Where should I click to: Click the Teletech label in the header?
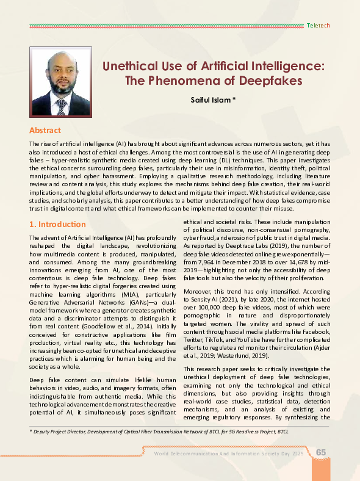tap(318, 26)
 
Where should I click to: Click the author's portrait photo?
tap(60, 82)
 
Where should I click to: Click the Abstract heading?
tap(45, 130)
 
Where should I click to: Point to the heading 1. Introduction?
tap(57, 224)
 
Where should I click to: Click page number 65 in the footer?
tap(321, 452)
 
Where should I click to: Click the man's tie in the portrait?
tap(61, 107)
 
